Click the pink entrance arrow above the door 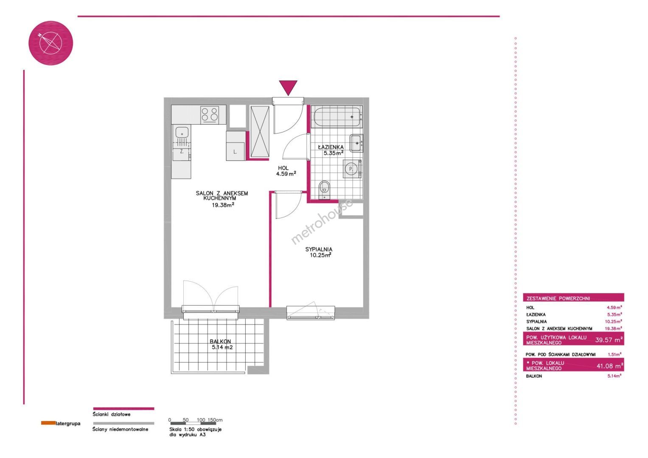coord(288,87)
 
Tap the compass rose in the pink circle coord(50,43)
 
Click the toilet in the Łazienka coord(325,190)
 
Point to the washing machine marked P coord(351,169)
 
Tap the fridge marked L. coord(236,146)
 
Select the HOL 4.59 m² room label coord(286,171)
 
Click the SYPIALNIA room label coord(319,249)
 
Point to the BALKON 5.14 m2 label coord(221,344)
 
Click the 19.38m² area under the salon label coord(223,205)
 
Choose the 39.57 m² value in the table coord(609,340)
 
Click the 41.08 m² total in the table coord(610,366)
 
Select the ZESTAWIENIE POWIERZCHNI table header coord(558,299)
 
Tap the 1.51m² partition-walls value coord(614,354)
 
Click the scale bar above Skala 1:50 coord(193,424)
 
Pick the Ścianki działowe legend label coord(111,414)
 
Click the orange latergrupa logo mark coord(48,423)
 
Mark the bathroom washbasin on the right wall coord(356,143)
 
